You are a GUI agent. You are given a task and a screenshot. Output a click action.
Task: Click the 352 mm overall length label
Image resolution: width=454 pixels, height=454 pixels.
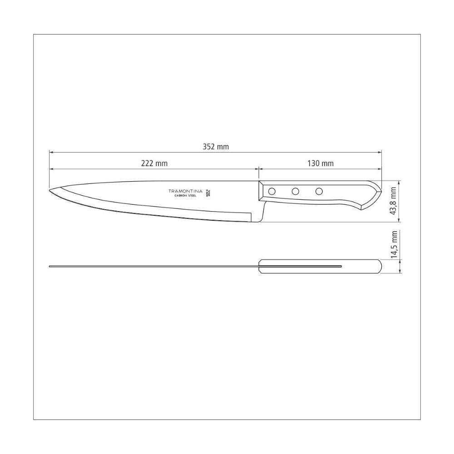[x=216, y=147]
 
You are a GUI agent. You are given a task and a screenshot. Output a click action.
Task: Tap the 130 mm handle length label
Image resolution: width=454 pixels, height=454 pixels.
[x=321, y=163]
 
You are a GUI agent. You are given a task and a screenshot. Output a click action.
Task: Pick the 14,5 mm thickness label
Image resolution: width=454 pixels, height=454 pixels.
[x=394, y=244]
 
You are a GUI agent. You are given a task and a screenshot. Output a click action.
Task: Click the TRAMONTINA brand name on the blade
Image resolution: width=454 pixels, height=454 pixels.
[x=187, y=191]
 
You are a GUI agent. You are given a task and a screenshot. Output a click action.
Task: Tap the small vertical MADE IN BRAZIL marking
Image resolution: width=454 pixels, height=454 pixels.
[x=210, y=192]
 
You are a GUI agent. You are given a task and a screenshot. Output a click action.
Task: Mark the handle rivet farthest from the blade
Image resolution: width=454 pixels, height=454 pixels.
[x=319, y=191]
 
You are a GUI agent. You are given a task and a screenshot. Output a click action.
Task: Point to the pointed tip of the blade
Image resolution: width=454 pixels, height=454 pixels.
[x=50, y=190]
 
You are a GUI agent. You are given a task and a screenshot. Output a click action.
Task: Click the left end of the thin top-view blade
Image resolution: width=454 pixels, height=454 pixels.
[x=50, y=266]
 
